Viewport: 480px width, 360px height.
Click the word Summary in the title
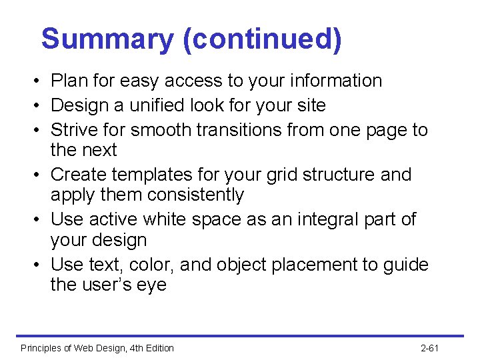[x=107, y=39]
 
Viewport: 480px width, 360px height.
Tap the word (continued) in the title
[x=262, y=39]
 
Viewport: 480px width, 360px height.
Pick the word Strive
[x=75, y=129]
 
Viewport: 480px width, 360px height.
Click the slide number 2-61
[x=431, y=348]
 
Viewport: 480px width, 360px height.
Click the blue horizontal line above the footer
[x=240, y=336]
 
